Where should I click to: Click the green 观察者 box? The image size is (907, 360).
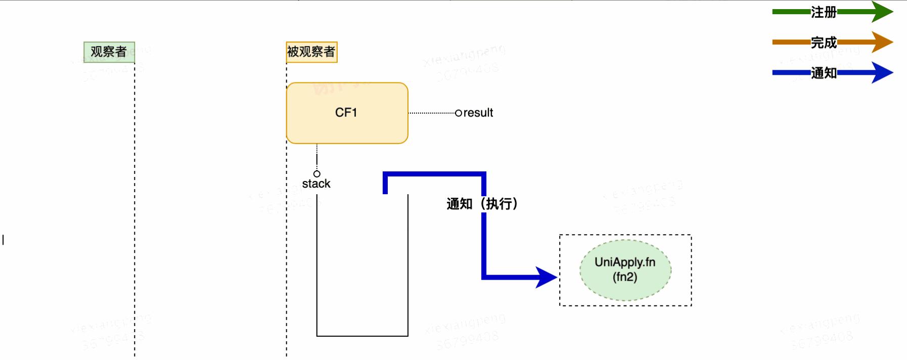click(x=109, y=52)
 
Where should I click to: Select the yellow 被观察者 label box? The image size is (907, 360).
click(x=311, y=52)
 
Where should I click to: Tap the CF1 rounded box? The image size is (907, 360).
click(x=347, y=113)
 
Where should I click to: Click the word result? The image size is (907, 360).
click(x=478, y=113)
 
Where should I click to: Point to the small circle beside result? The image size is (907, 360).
click(x=458, y=113)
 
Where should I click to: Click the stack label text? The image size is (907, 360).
click(x=316, y=184)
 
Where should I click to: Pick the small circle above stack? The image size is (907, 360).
click(x=317, y=174)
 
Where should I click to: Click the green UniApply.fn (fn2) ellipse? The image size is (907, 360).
click(x=625, y=270)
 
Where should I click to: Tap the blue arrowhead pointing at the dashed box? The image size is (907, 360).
click(x=546, y=277)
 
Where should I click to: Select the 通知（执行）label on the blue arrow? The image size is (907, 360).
click(x=482, y=204)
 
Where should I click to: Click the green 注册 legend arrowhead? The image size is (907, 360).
click(x=882, y=12)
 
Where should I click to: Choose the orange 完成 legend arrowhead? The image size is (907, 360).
click(x=882, y=42)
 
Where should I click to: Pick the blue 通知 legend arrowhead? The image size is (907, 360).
click(x=882, y=72)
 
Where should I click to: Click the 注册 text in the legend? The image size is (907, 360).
click(x=824, y=12)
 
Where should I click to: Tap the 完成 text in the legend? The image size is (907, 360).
click(x=824, y=42)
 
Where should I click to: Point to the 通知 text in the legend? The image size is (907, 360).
click(x=824, y=73)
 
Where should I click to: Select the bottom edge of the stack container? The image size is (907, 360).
click(x=362, y=336)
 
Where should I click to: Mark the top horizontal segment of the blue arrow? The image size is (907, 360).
click(x=435, y=174)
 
